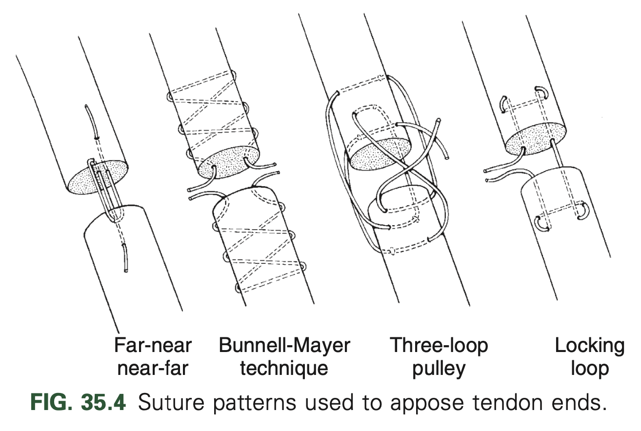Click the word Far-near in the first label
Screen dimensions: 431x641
153,346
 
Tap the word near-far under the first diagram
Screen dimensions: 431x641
153,369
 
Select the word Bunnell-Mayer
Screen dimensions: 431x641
284,346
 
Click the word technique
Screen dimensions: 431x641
284,369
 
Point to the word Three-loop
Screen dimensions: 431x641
439,346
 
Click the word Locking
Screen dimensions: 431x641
589,346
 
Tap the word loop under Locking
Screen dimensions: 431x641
589,369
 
